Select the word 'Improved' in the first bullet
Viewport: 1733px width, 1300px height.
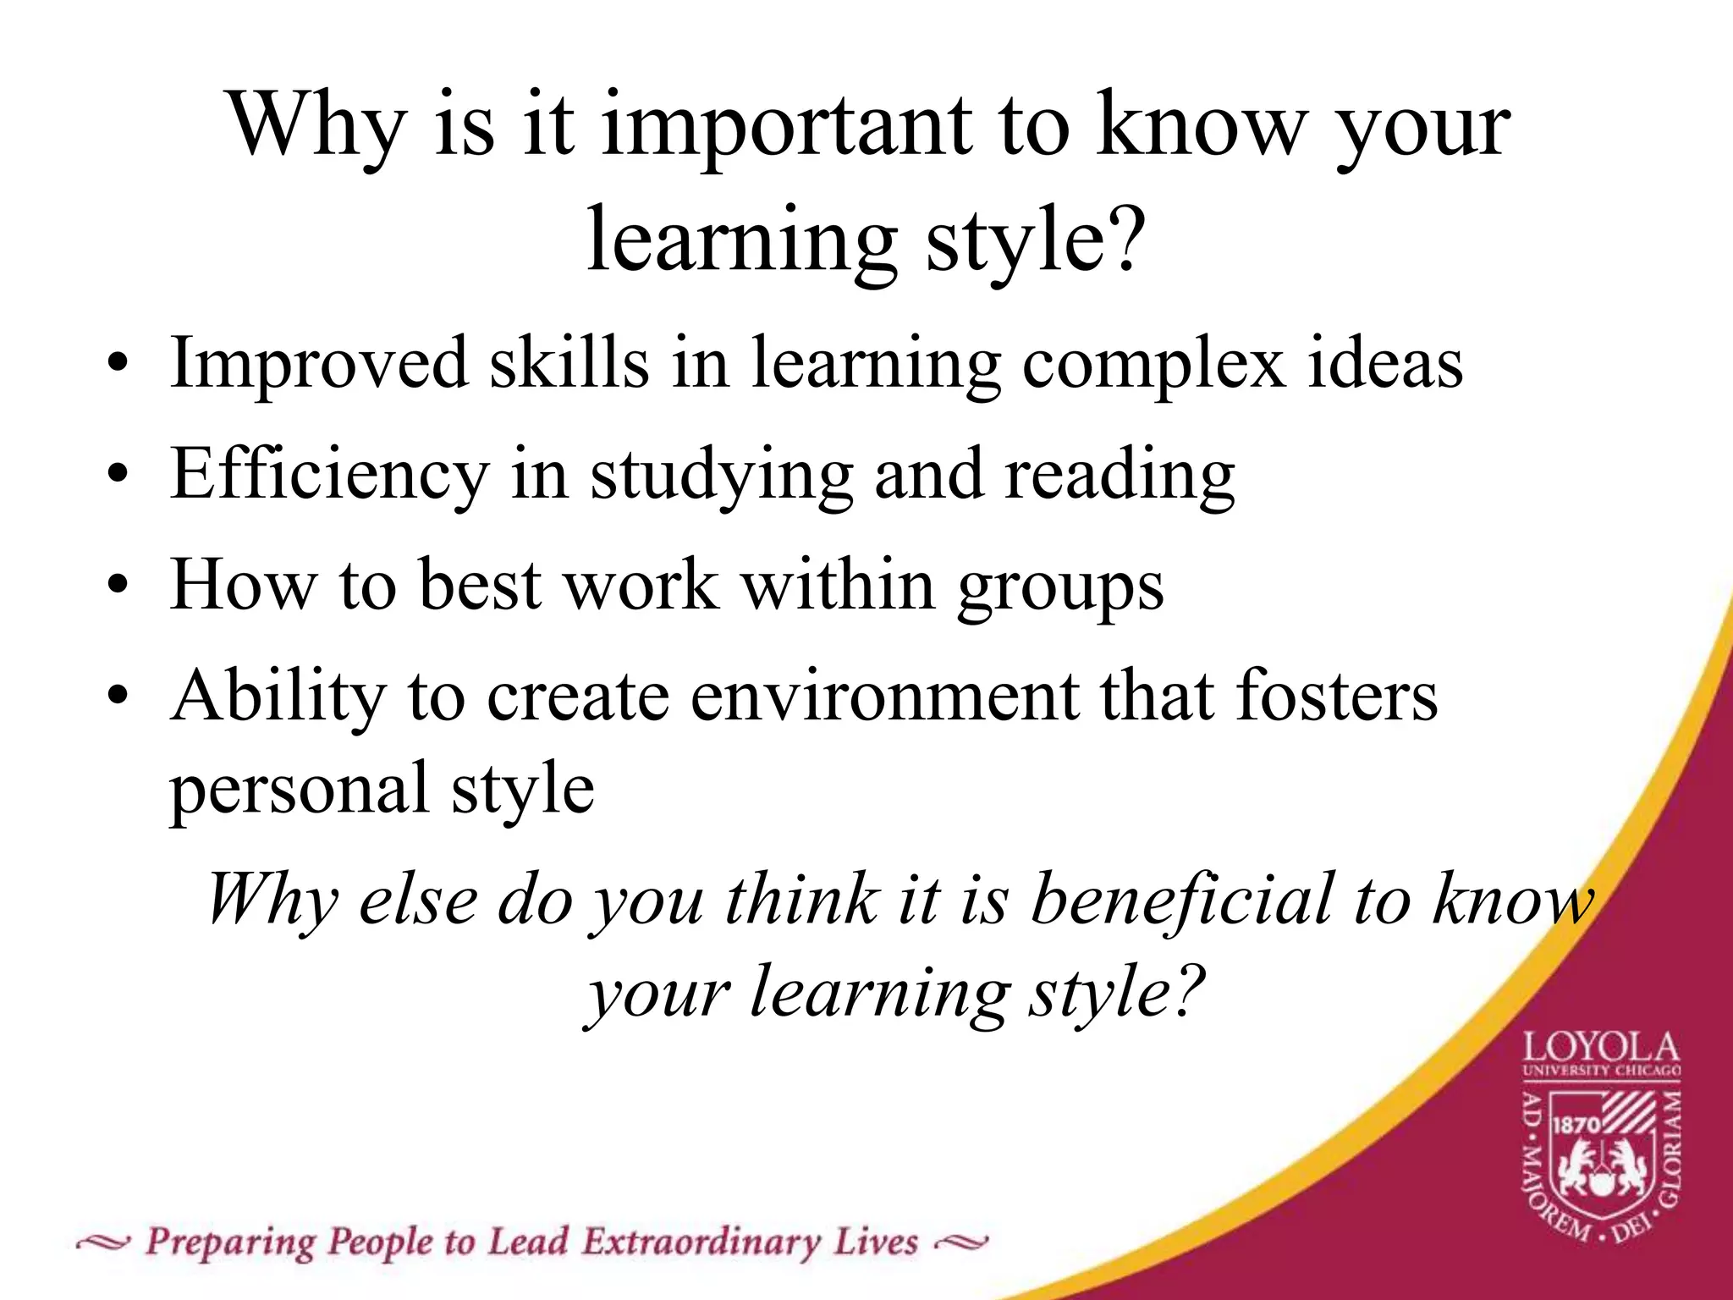point(319,364)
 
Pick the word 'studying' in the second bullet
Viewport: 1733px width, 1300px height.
point(722,476)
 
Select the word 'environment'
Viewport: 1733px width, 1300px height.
point(884,696)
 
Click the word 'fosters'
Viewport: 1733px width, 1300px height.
point(1336,696)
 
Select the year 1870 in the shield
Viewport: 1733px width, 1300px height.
point(1576,1125)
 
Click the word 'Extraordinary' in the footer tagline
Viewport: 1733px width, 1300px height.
point(701,1242)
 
